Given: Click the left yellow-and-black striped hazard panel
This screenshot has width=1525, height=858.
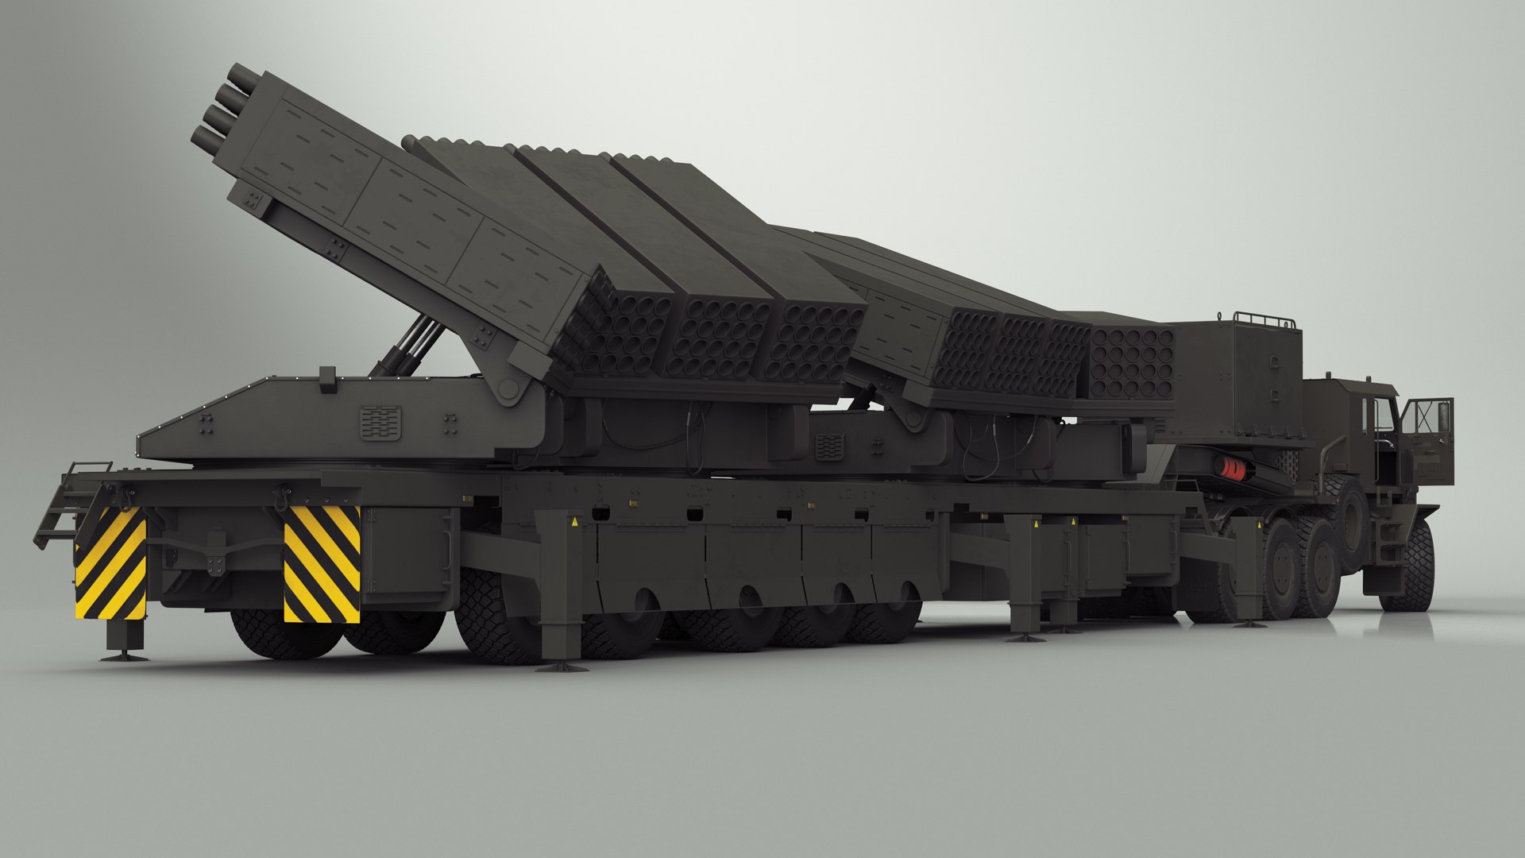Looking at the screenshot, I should (110, 563).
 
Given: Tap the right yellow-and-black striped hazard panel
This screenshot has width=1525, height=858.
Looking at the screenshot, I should (322, 563).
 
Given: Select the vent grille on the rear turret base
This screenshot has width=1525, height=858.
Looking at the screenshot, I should (380, 422).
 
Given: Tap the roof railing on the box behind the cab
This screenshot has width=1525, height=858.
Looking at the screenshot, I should (1264, 319).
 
